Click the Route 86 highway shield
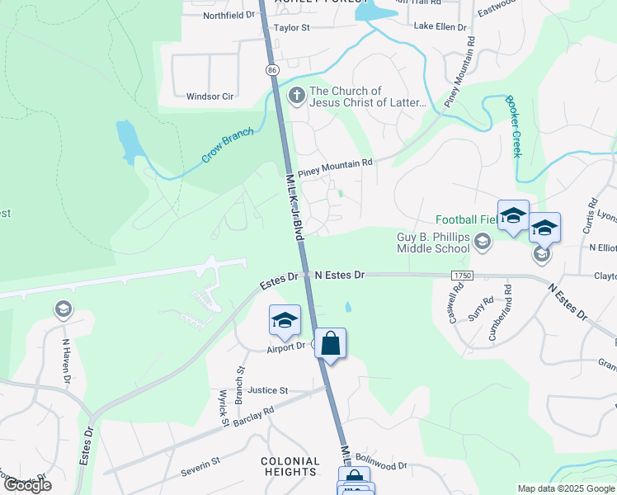[271, 71]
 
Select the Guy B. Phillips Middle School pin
[483, 241]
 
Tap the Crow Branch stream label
[228, 145]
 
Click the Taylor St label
[291, 27]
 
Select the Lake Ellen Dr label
[440, 26]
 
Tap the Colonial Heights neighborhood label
[290, 468]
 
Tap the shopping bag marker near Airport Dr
[330, 343]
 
